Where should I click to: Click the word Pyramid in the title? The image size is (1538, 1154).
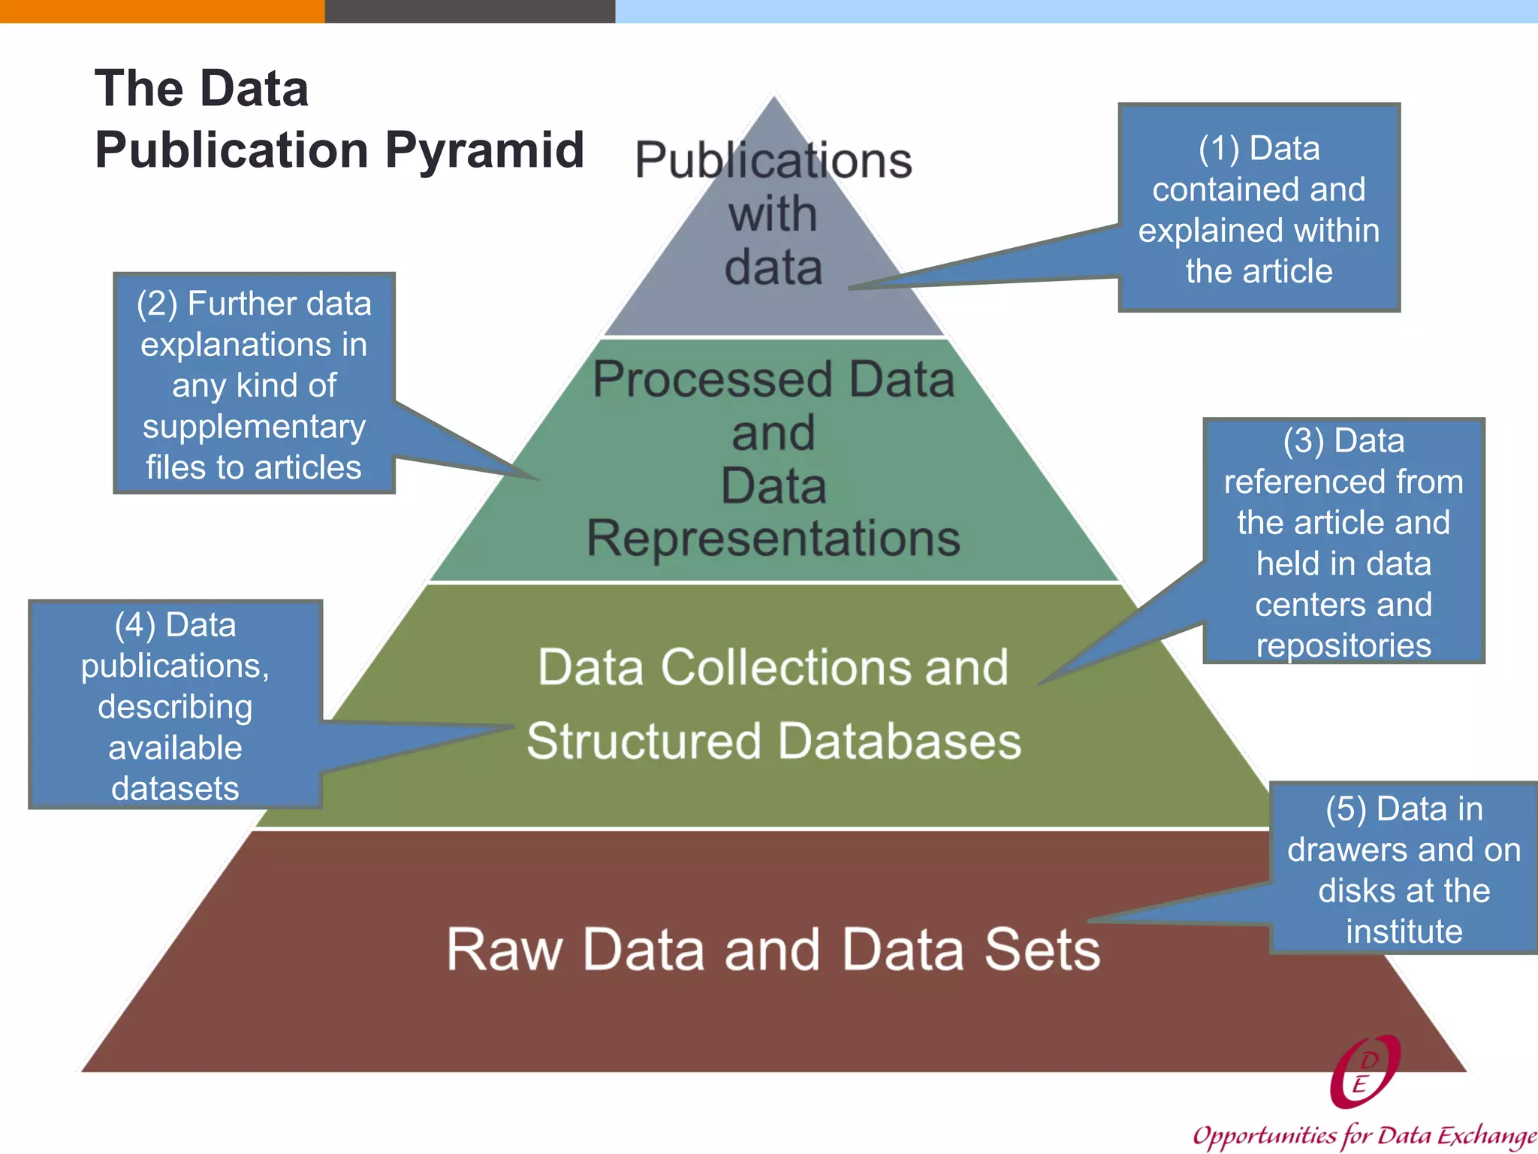coord(484,150)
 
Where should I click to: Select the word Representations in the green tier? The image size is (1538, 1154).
coord(774,538)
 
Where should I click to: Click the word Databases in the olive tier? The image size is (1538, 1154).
coord(899,741)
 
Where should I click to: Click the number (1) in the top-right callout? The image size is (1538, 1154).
coord(1218,148)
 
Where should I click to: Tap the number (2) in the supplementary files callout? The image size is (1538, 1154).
coord(157,304)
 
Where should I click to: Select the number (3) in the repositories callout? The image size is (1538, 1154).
coord(1303,440)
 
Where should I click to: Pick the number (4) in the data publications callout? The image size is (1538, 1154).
coord(134,625)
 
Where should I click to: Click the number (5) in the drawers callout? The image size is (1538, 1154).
coord(1346,809)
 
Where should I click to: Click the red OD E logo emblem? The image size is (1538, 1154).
coord(1365,1072)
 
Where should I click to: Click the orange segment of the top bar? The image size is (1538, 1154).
coord(161,11)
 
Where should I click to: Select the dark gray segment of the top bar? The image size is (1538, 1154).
coord(469,11)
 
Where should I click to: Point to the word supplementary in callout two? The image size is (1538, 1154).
coord(254,427)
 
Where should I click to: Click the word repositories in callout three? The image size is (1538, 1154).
coord(1343,645)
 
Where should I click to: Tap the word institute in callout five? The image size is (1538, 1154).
coord(1404,932)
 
